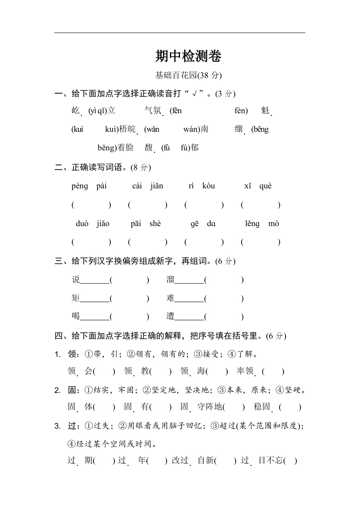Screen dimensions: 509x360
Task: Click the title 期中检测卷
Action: (x=188, y=56)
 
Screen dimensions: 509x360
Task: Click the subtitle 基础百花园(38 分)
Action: (x=188, y=75)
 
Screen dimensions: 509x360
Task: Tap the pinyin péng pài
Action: (x=89, y=186)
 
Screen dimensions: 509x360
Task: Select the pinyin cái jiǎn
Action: (x=147, y=186)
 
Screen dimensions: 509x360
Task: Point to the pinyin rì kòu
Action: (x=202, y=186)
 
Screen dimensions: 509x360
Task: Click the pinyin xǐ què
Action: (x=258, y=186)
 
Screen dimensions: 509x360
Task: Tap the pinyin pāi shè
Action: (x=146, y=224)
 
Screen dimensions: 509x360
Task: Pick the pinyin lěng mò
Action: (x=262, y=224)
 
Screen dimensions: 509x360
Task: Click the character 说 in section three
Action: (x=76, y=280)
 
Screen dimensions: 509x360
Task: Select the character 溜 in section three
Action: (x=170, y=280)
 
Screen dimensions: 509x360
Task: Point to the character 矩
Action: (x=76, y=298)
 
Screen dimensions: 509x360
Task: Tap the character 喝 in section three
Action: (x=76, y=316)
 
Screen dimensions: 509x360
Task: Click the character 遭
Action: (x=170, y=316)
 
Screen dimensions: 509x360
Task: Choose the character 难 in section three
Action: (x=170, y=298)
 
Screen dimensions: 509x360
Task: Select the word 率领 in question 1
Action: (x=245, y=371)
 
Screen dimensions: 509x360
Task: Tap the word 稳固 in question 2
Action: (x=262, y=407)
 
